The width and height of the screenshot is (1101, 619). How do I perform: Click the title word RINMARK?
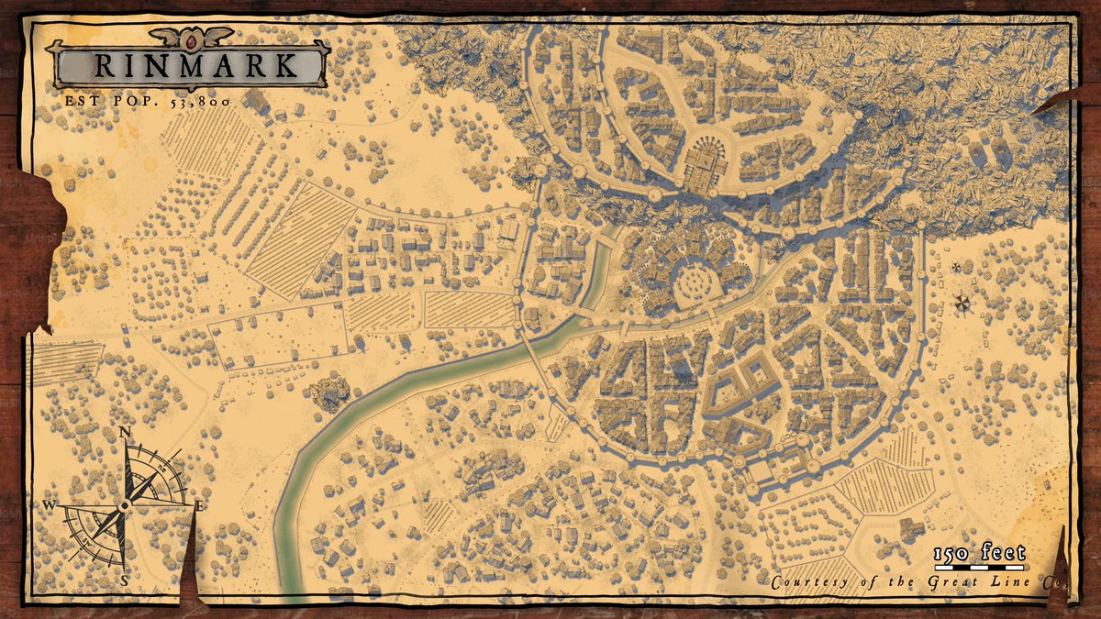click(x=195, y=66)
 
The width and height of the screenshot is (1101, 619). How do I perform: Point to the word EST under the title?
click(x=82, y=100)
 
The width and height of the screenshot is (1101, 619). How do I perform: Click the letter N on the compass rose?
click(x=125, y=433)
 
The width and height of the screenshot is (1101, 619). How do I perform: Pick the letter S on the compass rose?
click(x=124, y=580)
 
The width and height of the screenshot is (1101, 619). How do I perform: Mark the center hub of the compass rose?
click(x=123, y=505)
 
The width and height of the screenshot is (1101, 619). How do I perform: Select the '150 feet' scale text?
click(x=978, y=553)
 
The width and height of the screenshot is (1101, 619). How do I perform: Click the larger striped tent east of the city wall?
click(x=962, y=302)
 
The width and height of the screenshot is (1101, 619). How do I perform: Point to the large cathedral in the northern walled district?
click(x=704, y=166)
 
